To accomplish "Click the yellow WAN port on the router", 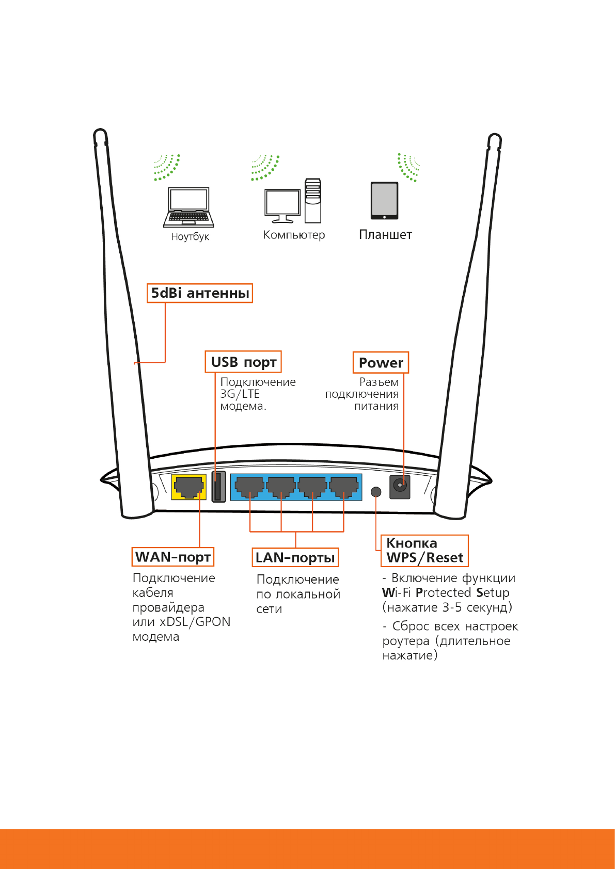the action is [x=188, y=487].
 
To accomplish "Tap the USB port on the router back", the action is [x=218, y=487].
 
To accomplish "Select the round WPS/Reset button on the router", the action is [x=376, y=492].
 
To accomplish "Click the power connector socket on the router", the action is [x=400, y=487].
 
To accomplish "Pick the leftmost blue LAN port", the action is [x=249, y=487].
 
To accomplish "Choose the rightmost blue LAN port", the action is [x=343, y=487].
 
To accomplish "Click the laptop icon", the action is [x=188, y=207].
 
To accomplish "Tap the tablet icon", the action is [x=384, y=201].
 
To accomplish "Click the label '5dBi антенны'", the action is [x=199, y=293].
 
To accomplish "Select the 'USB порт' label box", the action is [x=243, y=362].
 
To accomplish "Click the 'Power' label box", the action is [x=381, y=363].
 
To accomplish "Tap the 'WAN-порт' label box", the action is [x=172, y=557].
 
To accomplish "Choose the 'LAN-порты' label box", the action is [x=295, y=557].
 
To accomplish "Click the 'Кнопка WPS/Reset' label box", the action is [x=425, y=551].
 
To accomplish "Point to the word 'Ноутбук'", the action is [x=190, y=237].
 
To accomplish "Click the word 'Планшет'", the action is [x=385, y=235].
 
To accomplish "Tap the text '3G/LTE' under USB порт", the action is [x=240, y=394].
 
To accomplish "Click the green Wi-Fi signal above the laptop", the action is [x=167, y=168].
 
